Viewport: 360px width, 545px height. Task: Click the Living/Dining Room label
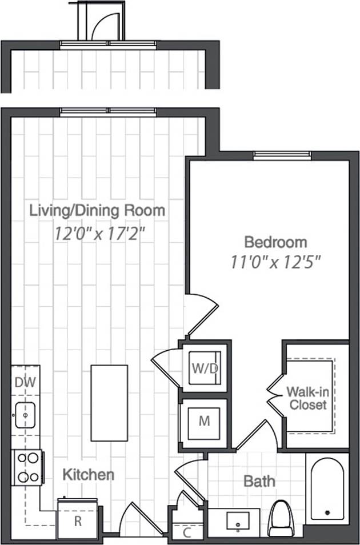click(97, 210)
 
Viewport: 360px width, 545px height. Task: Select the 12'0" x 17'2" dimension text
click(101, 234)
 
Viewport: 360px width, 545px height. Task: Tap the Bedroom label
click(275, 241)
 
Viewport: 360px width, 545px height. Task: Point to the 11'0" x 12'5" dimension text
click(275, 262)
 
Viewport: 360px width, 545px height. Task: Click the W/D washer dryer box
click(205, 368)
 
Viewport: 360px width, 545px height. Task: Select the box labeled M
click(204, 422)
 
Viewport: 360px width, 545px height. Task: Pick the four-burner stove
click(27, 467)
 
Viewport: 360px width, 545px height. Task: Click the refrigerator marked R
click(77, 520)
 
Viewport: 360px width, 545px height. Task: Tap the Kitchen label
click(88, 474)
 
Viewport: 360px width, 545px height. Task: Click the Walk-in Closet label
click(307, 398)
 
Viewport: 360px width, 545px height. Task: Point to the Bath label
click(259, 481)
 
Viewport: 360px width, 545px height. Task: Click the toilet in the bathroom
click(280, 518)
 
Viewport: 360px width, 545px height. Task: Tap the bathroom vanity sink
click(236, 522)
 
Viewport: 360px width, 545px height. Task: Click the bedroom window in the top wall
click(282, 154)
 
